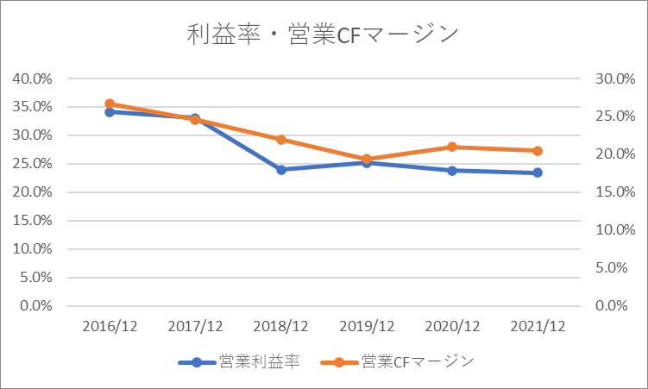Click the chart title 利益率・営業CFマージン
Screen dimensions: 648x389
pyautogui.click(x=323, y=34)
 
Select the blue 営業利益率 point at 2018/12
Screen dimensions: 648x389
pyautogui.click(x=281, y=170)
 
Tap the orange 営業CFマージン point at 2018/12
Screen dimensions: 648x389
pyautogui.click(x=281, y=140)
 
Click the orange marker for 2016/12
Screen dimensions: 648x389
pyautogui.click(x=110, y=104)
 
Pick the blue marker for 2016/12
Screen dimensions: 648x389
pyautogui.click(x=110, y=112)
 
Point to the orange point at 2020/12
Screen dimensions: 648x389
pyautogui.click(x=452, y=147)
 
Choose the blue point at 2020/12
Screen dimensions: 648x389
pyautogui.click(x=452, y=171)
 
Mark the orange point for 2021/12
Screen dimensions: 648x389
pyautogui.click(x=538, y=151)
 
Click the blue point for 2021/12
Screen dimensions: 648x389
pyautogui.click(x=538, y=173)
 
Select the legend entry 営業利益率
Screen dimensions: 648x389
pyautogui.click(x=239, y=362)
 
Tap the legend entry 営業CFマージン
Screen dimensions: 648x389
pyautogui.click(x=397, y=362)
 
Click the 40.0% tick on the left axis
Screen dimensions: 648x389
pyautogui.click(x=32, y=78)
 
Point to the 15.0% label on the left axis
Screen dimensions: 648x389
pyautogui.click(x=32, y=221)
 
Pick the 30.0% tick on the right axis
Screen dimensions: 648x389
pyautogui.click(x=615, y=78)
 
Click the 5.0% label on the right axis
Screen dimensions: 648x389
pyautogui.click(x=612, y=267)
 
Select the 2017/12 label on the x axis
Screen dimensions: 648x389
pyautogui.click(x=195, y=326)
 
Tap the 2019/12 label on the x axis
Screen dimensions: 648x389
pyautogui.click(x=367, y=326)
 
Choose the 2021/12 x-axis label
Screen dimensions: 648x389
pyautogui.click(x=538, y=326)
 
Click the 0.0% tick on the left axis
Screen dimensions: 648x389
pyautogui.click(x=36, y=306)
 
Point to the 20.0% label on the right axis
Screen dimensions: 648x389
pyautogui.click(x=615, y=154)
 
